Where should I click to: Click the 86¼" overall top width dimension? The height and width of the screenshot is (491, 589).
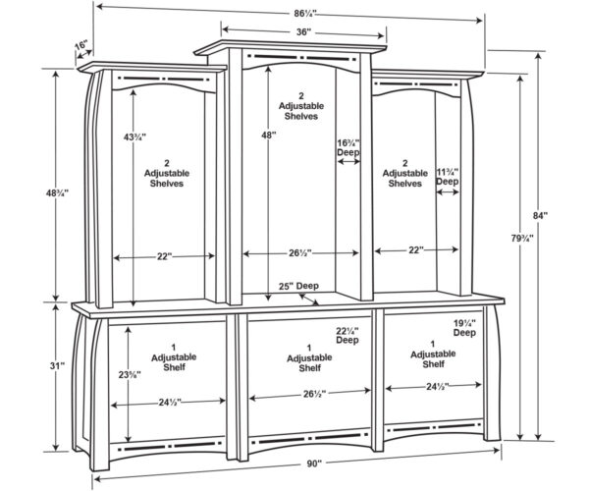pos(305,14)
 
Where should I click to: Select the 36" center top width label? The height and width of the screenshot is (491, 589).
pos(304,32)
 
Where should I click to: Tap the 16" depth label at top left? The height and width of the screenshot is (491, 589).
pos(81,45)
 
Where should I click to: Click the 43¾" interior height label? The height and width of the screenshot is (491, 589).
pos(134,137)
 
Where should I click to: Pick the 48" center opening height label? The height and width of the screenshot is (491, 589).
pos(269,136)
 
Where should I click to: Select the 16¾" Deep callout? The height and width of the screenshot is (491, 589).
pos(348,147)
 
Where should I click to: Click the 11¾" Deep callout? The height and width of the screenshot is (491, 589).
pos(448,177)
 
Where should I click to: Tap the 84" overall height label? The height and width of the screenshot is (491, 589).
pos(540,216)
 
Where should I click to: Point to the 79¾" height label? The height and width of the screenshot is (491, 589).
pos(522,239)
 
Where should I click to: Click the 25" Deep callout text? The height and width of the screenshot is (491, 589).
pos(298,287)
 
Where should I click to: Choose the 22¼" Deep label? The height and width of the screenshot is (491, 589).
pos(348,336)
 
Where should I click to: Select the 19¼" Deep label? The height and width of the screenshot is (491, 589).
pos(464,328)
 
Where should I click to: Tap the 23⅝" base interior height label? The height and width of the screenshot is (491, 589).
pos(130,374)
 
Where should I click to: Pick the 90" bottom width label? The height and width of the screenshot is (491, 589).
pos(314,464)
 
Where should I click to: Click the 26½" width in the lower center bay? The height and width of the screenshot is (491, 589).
pos(314,394)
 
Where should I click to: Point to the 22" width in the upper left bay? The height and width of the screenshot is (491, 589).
pos(165,256)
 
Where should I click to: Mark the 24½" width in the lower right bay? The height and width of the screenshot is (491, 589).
pos(438,387)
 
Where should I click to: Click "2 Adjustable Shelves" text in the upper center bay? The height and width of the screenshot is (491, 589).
pos(301,106)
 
